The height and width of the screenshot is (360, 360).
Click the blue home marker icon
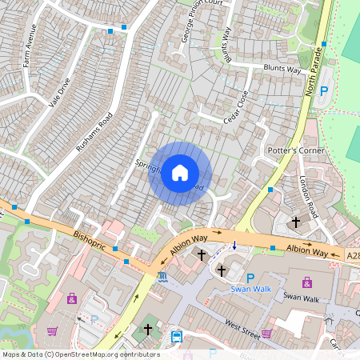(x=180, y=172)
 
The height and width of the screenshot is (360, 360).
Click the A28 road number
(x=353, y=255)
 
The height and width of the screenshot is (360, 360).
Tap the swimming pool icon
(x=163, y=277)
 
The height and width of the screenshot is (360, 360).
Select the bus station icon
(x=176, y=337)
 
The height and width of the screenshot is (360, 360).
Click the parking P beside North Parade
(x=324, y=91)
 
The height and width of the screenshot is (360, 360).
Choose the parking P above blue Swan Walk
(x=250, y=277)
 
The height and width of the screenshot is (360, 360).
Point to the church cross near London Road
(x=296, y=221)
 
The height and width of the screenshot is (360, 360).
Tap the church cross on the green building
(x=147, y=329)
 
